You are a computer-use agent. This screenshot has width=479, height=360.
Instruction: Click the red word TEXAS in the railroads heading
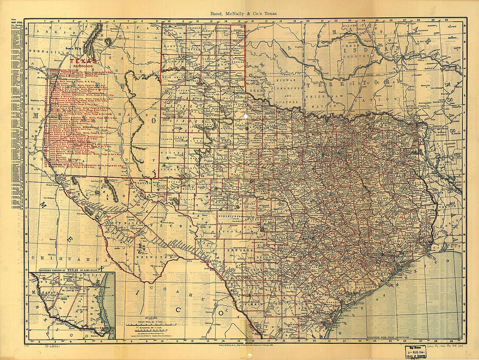point(83,62)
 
